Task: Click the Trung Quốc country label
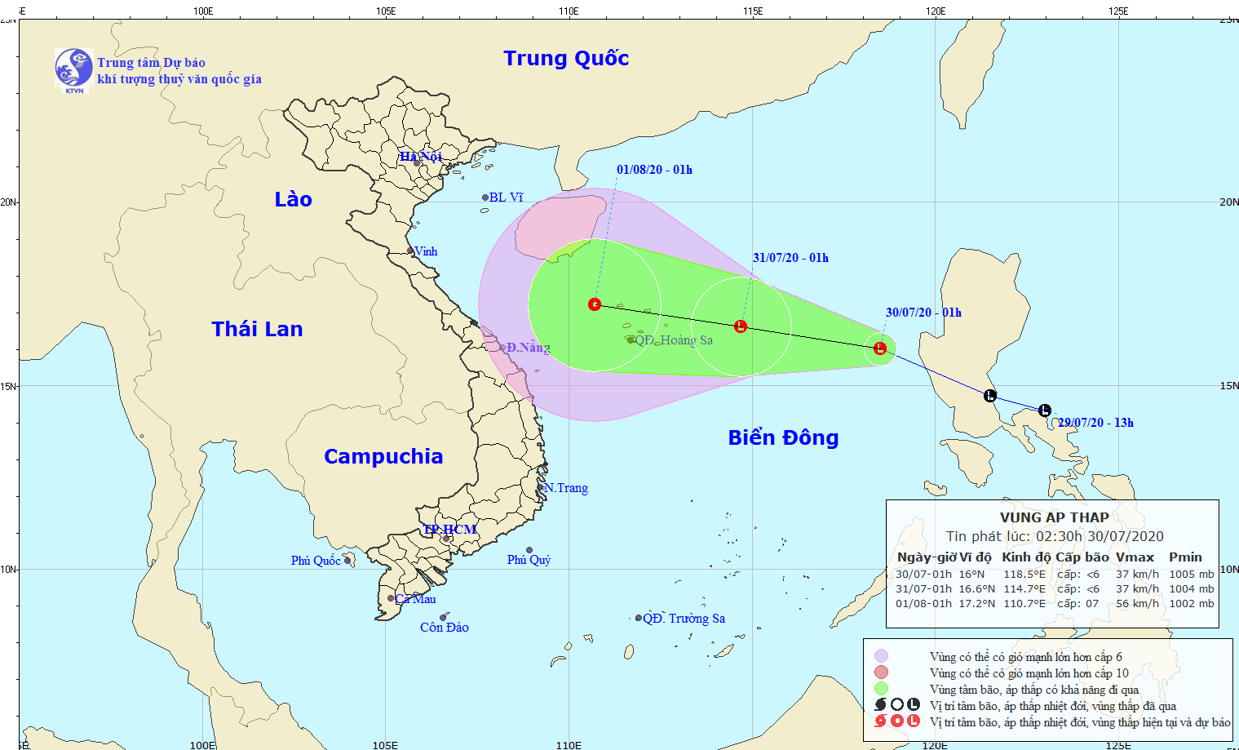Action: (x=566, y=58)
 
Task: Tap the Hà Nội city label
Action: (x=421, y=156)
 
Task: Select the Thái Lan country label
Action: (x=257, y=329)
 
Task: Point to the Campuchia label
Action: (x=383, y=456)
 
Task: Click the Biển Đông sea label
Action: (x=783, y=438)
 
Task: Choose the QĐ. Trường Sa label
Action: (x=684, y=619)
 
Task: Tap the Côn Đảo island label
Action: (x=445, y=628)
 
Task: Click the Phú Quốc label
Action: (x=316, y=561)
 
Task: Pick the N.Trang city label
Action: (x=566, y=488)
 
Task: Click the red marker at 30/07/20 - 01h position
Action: (x=880, y=348)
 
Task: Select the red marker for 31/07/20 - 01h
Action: (x=741, y=326)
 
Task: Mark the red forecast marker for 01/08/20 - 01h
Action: (x=595, y=304)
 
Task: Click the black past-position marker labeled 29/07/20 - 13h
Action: (x=1045, y=411)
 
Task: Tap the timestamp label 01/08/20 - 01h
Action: (x=654, y=170)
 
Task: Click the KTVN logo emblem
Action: (x=73, y=69)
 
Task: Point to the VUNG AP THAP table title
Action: (x=1054, y=517)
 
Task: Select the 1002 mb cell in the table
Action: (x=1191, y=604)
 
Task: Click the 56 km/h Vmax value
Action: (x=1137, y=604)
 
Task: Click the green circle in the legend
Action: (x=881, y=689)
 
